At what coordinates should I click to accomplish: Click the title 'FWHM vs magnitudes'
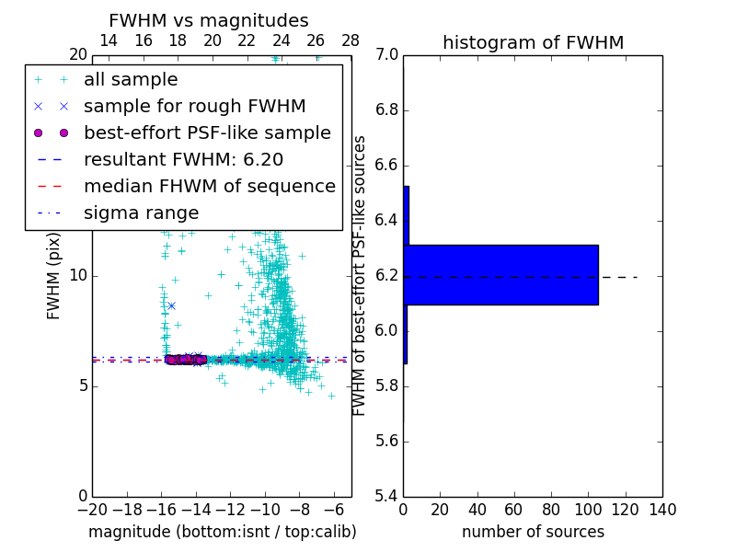[209, 21]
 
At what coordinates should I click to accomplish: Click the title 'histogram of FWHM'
[533, 42]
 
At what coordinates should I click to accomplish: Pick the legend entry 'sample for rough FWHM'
[194, 107]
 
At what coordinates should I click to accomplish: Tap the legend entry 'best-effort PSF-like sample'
[207, 133]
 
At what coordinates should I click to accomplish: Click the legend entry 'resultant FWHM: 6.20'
[183, 160]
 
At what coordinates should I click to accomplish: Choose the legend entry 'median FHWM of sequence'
[209, 187]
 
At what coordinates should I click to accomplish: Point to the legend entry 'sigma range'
[141, 213]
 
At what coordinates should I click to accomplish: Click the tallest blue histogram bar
[500, 275]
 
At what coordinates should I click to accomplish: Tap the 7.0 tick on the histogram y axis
[387, 55]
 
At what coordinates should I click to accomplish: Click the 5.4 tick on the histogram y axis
[387, 496]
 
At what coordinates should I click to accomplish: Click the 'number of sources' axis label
[533, 532]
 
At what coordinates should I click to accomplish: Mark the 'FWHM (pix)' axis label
[54, 276]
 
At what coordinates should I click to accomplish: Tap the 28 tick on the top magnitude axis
[351, 41]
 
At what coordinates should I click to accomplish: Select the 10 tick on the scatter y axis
[77, 276]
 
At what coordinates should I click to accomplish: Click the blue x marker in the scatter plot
[171, 305]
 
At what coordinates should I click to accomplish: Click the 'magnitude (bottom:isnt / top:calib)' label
[222, 532]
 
